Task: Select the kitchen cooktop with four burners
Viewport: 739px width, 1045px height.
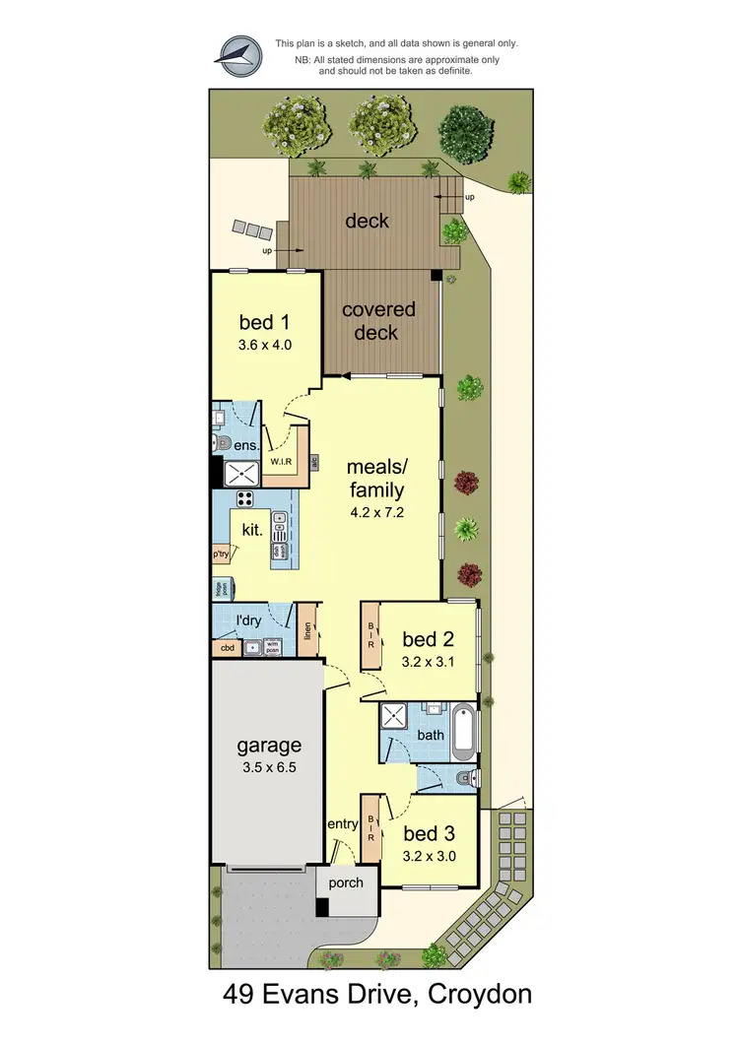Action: click(x=244, y=498)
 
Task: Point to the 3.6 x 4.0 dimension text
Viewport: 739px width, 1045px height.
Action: click(x=265, y=346)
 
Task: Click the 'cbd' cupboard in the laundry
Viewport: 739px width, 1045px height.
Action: click(x=227, y=648)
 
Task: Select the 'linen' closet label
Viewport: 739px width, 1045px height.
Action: click(x=307, y=630)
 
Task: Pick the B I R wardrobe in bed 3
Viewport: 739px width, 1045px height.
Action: click(x=371, y=826)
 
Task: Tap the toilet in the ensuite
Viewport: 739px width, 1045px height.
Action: click(x=222, y=442)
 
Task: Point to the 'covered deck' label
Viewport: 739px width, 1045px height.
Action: click(x=378, y=321)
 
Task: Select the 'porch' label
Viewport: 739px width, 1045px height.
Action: click(x=345, y=882)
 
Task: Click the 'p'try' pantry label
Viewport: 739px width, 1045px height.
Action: click(x=222, y=555)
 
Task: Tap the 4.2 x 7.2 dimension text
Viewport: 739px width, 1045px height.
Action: click(x=378, y=512)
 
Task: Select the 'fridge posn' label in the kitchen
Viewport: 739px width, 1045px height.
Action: click(x=218, y=589)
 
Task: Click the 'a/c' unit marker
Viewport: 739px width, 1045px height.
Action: click(x=314, y=460)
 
